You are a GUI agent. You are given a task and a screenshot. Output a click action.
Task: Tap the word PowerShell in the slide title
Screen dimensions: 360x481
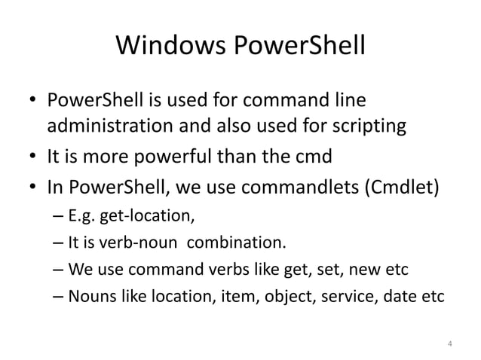(298, 47)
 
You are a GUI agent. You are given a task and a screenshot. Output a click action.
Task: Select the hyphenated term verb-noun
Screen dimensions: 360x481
(143, 243)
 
